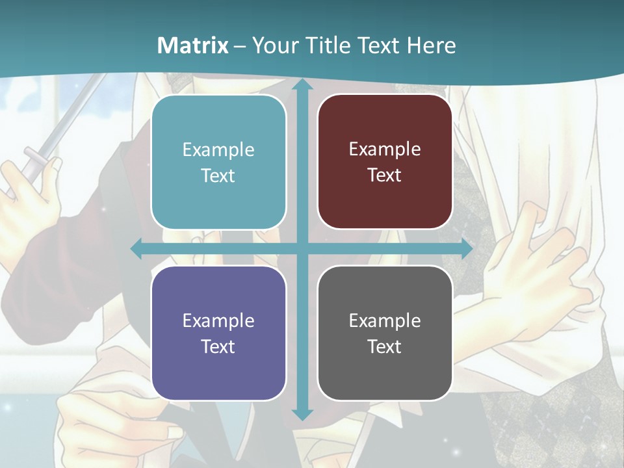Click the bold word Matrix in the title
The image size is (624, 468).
pos(193,45)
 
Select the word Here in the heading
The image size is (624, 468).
pos(431,45)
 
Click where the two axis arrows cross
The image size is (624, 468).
pos(302,249)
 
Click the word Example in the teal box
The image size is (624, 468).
pos(218,150)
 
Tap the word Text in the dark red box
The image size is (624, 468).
pos(384,175)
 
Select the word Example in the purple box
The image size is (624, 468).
pos(218,320)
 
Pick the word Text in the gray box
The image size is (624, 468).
pos(384,346)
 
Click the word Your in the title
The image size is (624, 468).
pos(273,45)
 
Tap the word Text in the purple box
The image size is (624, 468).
pos(218,346)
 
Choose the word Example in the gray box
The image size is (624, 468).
pos(385,320)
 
